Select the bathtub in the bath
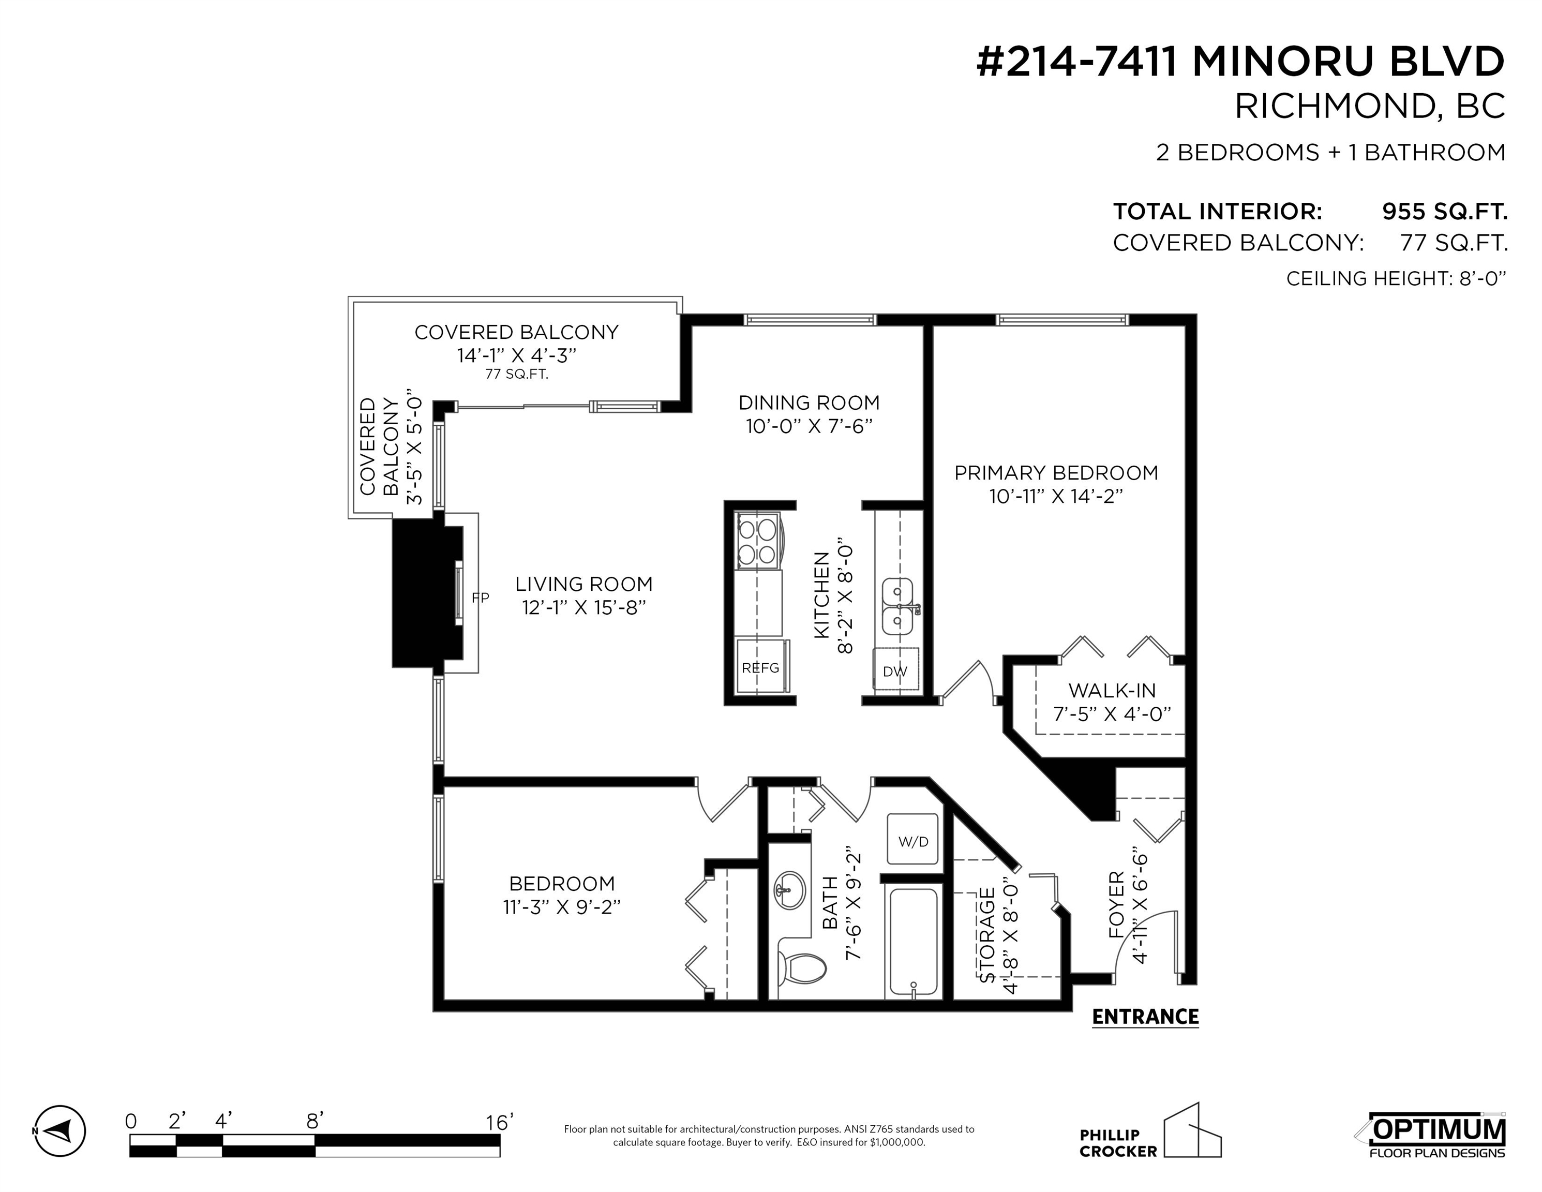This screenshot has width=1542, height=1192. pyautogui.click(x=914, y=942)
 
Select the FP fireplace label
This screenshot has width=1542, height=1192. pyautogui.click(x=480, y=598)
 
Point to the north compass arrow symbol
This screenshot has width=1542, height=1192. pyautogui.click(x=60, y=1130)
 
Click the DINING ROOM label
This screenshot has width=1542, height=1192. pyautogui.click(x=809, y=403)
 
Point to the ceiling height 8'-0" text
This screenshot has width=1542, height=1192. pyautogui.click(x=1396, y=279)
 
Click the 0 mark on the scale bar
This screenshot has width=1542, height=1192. pyautogui.click(x=131, y=1122)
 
